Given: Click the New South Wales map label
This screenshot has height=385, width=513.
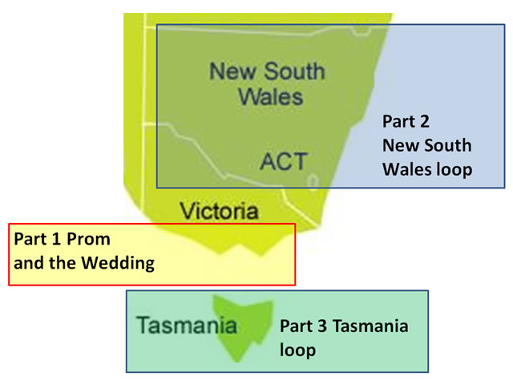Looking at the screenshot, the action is (267, 83).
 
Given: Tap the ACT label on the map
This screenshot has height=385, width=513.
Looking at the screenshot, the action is (284, 161).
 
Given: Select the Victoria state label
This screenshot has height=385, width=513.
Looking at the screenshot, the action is (219, 211).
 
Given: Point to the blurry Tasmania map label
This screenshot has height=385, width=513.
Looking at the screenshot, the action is (187, 325).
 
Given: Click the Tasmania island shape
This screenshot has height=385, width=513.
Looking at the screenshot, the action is (243, 327).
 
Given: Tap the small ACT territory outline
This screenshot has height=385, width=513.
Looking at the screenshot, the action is (313, 181).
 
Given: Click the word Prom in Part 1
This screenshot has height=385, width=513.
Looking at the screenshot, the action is (88, 239).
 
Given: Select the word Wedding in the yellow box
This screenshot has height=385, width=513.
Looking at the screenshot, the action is (118, 264).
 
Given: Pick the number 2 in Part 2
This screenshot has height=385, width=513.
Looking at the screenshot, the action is (424, 121).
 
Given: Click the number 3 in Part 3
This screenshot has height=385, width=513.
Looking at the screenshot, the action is (322, 326).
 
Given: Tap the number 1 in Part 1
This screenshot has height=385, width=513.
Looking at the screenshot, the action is (56, 239).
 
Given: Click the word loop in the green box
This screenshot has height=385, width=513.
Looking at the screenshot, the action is (297, 351).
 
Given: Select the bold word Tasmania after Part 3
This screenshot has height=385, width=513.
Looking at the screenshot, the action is (370, 326).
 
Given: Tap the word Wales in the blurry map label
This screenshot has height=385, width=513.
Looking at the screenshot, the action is (271, 97).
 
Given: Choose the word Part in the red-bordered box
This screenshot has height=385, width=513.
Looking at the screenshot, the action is (30, 239).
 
